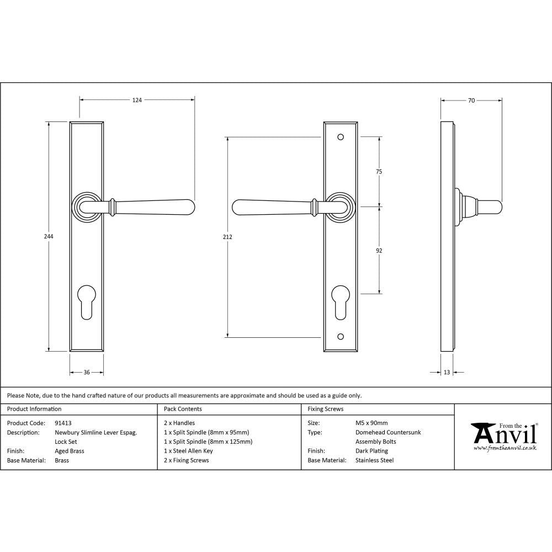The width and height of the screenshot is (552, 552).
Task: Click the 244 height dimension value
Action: [x=49, y=236]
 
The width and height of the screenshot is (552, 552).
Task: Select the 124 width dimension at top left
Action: [x=137, y=100]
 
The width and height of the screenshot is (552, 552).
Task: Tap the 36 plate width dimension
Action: [x=87, y=373]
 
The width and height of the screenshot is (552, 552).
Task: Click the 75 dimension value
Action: [x=379, y=172]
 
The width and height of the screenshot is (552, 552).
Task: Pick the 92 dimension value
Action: [x=379, y=251]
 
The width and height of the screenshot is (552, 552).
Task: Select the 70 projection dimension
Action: [x=471, y=100]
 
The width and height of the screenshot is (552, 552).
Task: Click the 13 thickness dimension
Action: [x=447, y=373]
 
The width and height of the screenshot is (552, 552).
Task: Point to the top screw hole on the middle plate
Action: [x=340, y=136]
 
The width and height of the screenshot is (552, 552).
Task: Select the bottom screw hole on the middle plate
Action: [x=340, y=336]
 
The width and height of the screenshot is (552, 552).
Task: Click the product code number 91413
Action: [x=63, y=423]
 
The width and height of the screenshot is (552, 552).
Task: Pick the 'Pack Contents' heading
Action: [x=183, y=409]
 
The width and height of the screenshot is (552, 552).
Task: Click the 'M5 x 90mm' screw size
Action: [x=371, y=423]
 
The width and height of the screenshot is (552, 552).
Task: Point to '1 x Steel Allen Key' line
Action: [x=188, y=451]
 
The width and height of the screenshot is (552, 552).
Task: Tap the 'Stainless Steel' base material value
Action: [x=374, y=460]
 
